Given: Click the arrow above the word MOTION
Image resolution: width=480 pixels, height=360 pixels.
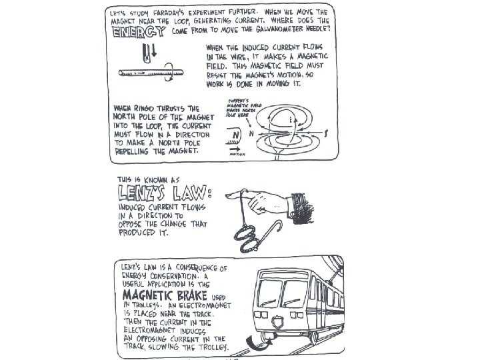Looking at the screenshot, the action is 234,149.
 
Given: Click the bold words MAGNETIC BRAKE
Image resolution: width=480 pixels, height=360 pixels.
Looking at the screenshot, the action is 163,295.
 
